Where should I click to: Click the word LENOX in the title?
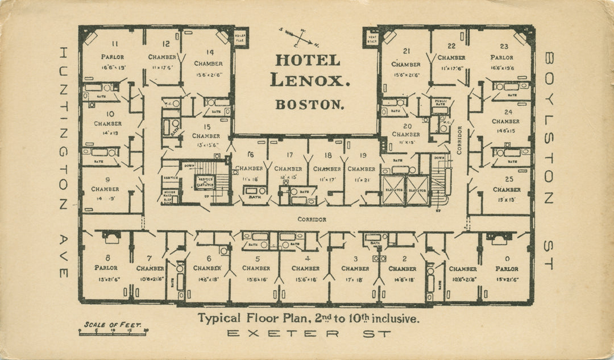309,80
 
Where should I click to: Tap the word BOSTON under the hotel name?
309,105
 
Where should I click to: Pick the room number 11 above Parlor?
114,44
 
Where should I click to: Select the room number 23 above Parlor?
504,47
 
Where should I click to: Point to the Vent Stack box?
372,38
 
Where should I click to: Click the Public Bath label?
441,103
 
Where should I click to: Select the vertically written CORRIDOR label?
459,140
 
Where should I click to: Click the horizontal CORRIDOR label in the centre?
312,219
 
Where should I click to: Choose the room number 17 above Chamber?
289,155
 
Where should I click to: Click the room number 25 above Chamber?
507,179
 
